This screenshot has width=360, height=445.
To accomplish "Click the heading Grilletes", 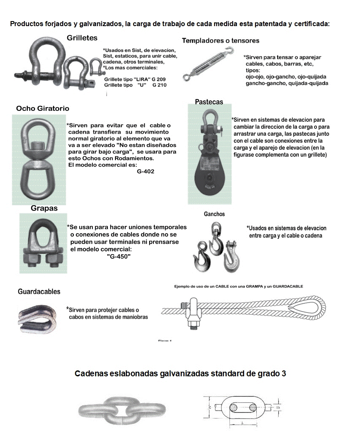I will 82,38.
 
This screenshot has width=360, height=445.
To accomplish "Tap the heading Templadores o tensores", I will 220,40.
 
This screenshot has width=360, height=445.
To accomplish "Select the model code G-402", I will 145,172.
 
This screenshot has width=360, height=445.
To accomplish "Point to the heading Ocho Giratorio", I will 43,109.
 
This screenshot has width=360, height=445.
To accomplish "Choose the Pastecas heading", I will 209,102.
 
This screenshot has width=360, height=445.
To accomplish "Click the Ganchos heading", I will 214,214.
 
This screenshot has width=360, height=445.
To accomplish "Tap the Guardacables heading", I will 39,292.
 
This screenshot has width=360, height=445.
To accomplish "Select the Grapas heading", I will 44,208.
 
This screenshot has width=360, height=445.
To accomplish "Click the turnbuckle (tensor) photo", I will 208,64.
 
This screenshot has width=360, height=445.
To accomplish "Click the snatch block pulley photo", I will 208,155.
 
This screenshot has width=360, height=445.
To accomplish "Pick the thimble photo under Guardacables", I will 38,316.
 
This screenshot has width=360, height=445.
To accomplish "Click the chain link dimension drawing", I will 241,408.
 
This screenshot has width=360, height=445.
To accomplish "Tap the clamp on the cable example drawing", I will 193,314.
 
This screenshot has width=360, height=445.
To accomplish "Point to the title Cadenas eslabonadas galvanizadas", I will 180,373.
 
